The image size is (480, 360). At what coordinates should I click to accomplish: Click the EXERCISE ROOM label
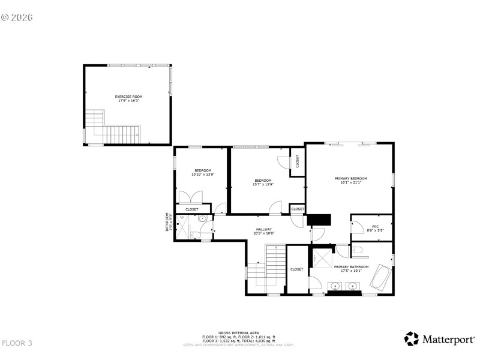click(x=129, y=96)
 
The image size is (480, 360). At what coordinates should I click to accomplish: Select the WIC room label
click(x=375, y=226)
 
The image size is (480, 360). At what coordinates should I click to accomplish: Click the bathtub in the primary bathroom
click(x=379, y=278)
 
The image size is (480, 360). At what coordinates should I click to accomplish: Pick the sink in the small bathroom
click(x=203, y=218)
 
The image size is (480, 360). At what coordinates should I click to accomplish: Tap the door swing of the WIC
click(x=357, y=226)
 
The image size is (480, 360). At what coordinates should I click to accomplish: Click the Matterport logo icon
click(x=411, y=338)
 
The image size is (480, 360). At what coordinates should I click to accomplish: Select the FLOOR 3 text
click(x=17, y=343)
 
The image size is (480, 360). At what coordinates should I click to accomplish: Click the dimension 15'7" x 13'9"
click(x=263, y=184)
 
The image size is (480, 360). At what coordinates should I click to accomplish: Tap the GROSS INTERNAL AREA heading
click(x=238, y=332)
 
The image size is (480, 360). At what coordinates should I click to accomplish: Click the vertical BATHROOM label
click(x=168, y=221)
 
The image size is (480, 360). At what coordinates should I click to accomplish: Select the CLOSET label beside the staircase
click(x=296, y=269)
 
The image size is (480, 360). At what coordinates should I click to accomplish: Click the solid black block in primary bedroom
click(x=319, y=219)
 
